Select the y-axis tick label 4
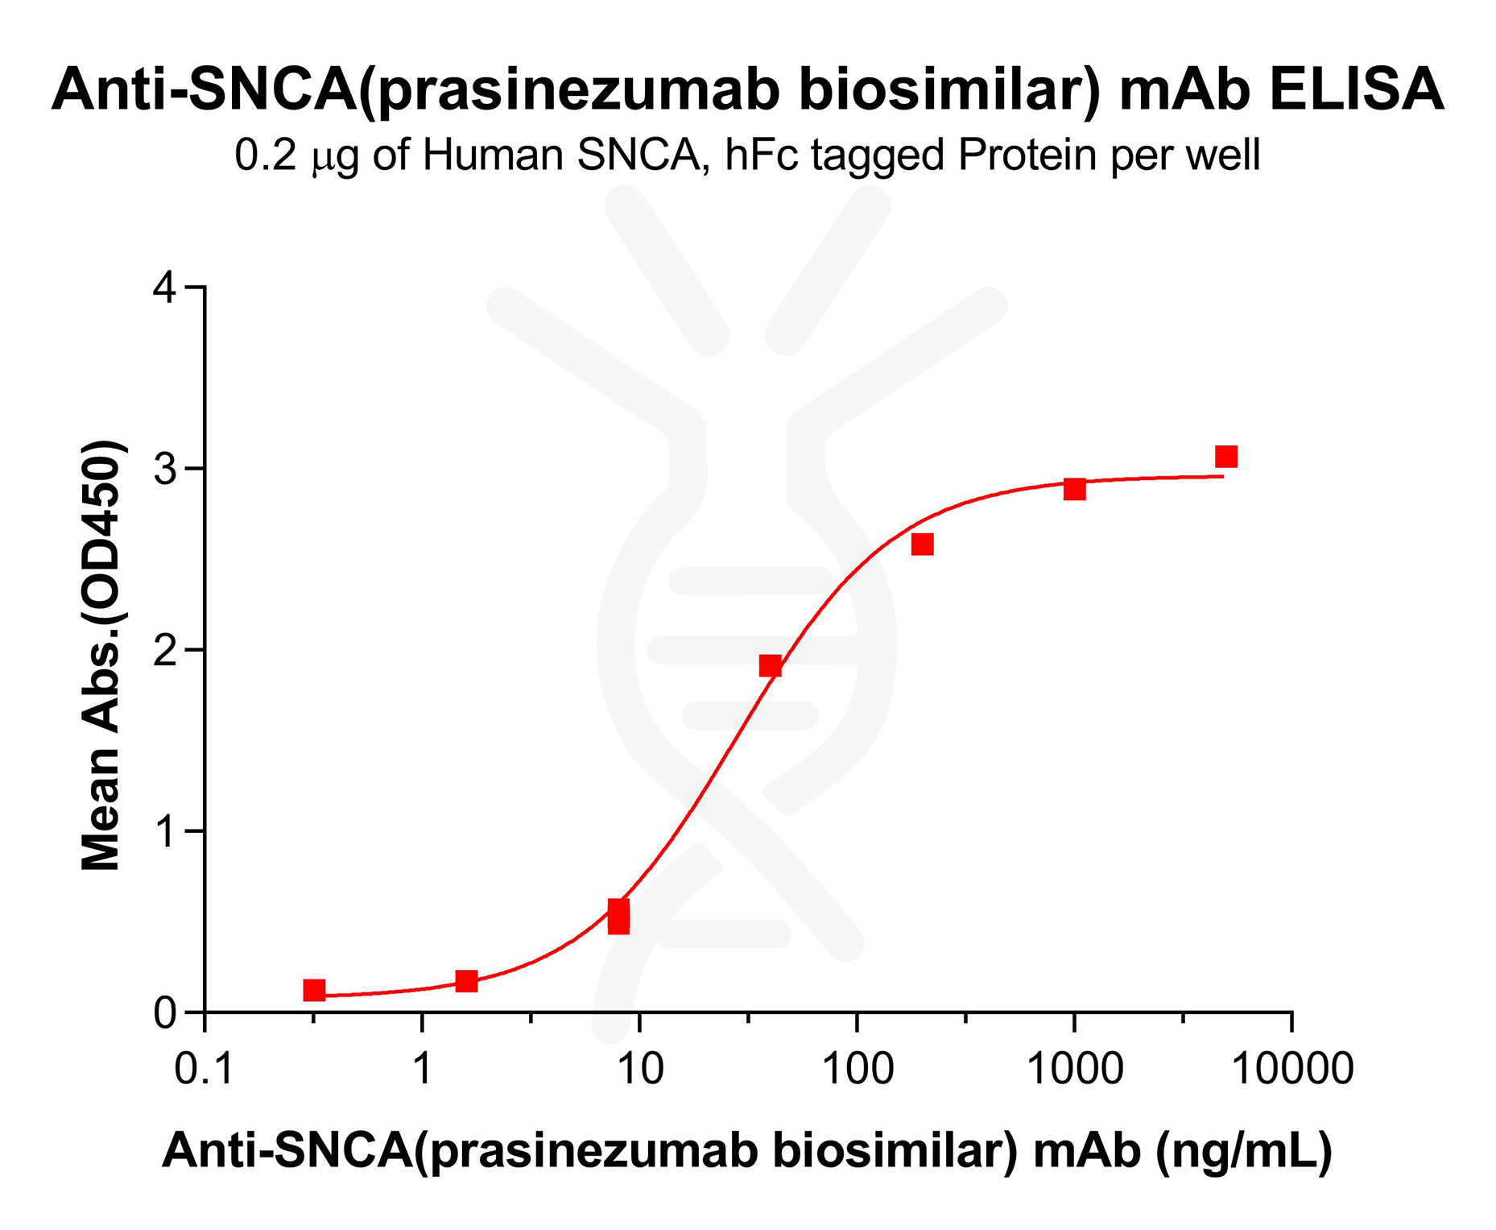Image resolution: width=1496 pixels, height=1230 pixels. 165,288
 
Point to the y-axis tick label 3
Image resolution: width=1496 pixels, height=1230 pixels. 165,469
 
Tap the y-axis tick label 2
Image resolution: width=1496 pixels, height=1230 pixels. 165,650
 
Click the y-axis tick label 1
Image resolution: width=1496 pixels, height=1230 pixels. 165,831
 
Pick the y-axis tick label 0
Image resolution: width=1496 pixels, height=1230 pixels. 165,1013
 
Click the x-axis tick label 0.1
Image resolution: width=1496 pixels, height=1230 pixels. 205,1070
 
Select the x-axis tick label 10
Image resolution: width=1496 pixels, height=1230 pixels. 640,1070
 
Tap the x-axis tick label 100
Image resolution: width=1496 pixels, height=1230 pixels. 858,1070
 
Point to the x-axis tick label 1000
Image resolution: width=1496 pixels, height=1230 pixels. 1075,1070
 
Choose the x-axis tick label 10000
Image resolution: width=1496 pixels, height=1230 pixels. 1292,1070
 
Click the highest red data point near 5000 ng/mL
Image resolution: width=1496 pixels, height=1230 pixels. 1226,457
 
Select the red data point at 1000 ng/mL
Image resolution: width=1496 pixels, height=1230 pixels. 1075,489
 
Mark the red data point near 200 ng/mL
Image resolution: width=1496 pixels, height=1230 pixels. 923,545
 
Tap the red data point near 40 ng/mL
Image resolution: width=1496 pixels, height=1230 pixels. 771,665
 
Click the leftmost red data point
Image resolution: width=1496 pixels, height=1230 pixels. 314,990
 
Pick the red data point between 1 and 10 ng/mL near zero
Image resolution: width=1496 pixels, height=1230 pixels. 466,981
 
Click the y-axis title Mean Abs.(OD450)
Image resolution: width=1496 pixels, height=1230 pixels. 102,654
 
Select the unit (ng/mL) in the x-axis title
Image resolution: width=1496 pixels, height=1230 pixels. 1244,1151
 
